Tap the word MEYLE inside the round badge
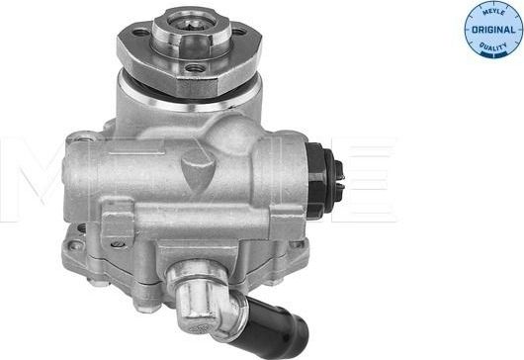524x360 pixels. click(493, 14)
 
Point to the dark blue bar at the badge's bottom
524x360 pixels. click(493, 52)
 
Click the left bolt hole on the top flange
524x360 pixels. click(140, 33)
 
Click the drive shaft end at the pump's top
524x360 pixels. click(188, 17)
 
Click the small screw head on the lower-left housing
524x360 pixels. click(116, 244)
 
